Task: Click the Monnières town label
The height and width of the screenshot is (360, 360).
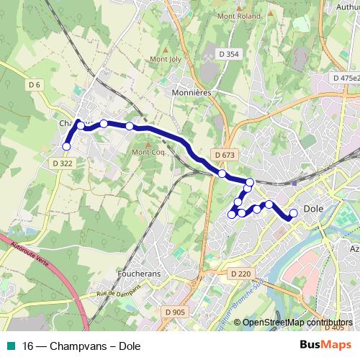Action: [x=191, y=93]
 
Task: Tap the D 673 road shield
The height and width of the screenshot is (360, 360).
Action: [x=225, y=155]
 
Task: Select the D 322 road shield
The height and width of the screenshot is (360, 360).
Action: [x=63, y=163]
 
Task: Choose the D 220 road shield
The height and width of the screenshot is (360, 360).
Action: [x=241, y=274]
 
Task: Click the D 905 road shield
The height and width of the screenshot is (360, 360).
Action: [x=174, y=312]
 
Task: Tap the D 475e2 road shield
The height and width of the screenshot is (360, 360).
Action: [x=346, y=78]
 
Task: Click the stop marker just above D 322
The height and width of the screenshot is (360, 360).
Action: [x=66, y=146]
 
